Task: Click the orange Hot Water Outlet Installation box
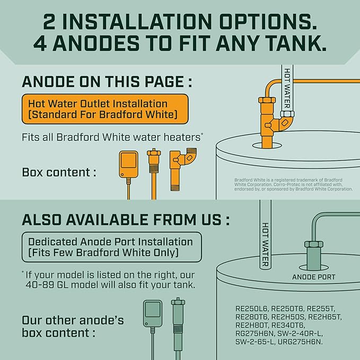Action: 104,109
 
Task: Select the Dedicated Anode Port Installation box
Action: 111,247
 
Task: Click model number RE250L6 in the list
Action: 252,308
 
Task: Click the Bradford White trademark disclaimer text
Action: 293,185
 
